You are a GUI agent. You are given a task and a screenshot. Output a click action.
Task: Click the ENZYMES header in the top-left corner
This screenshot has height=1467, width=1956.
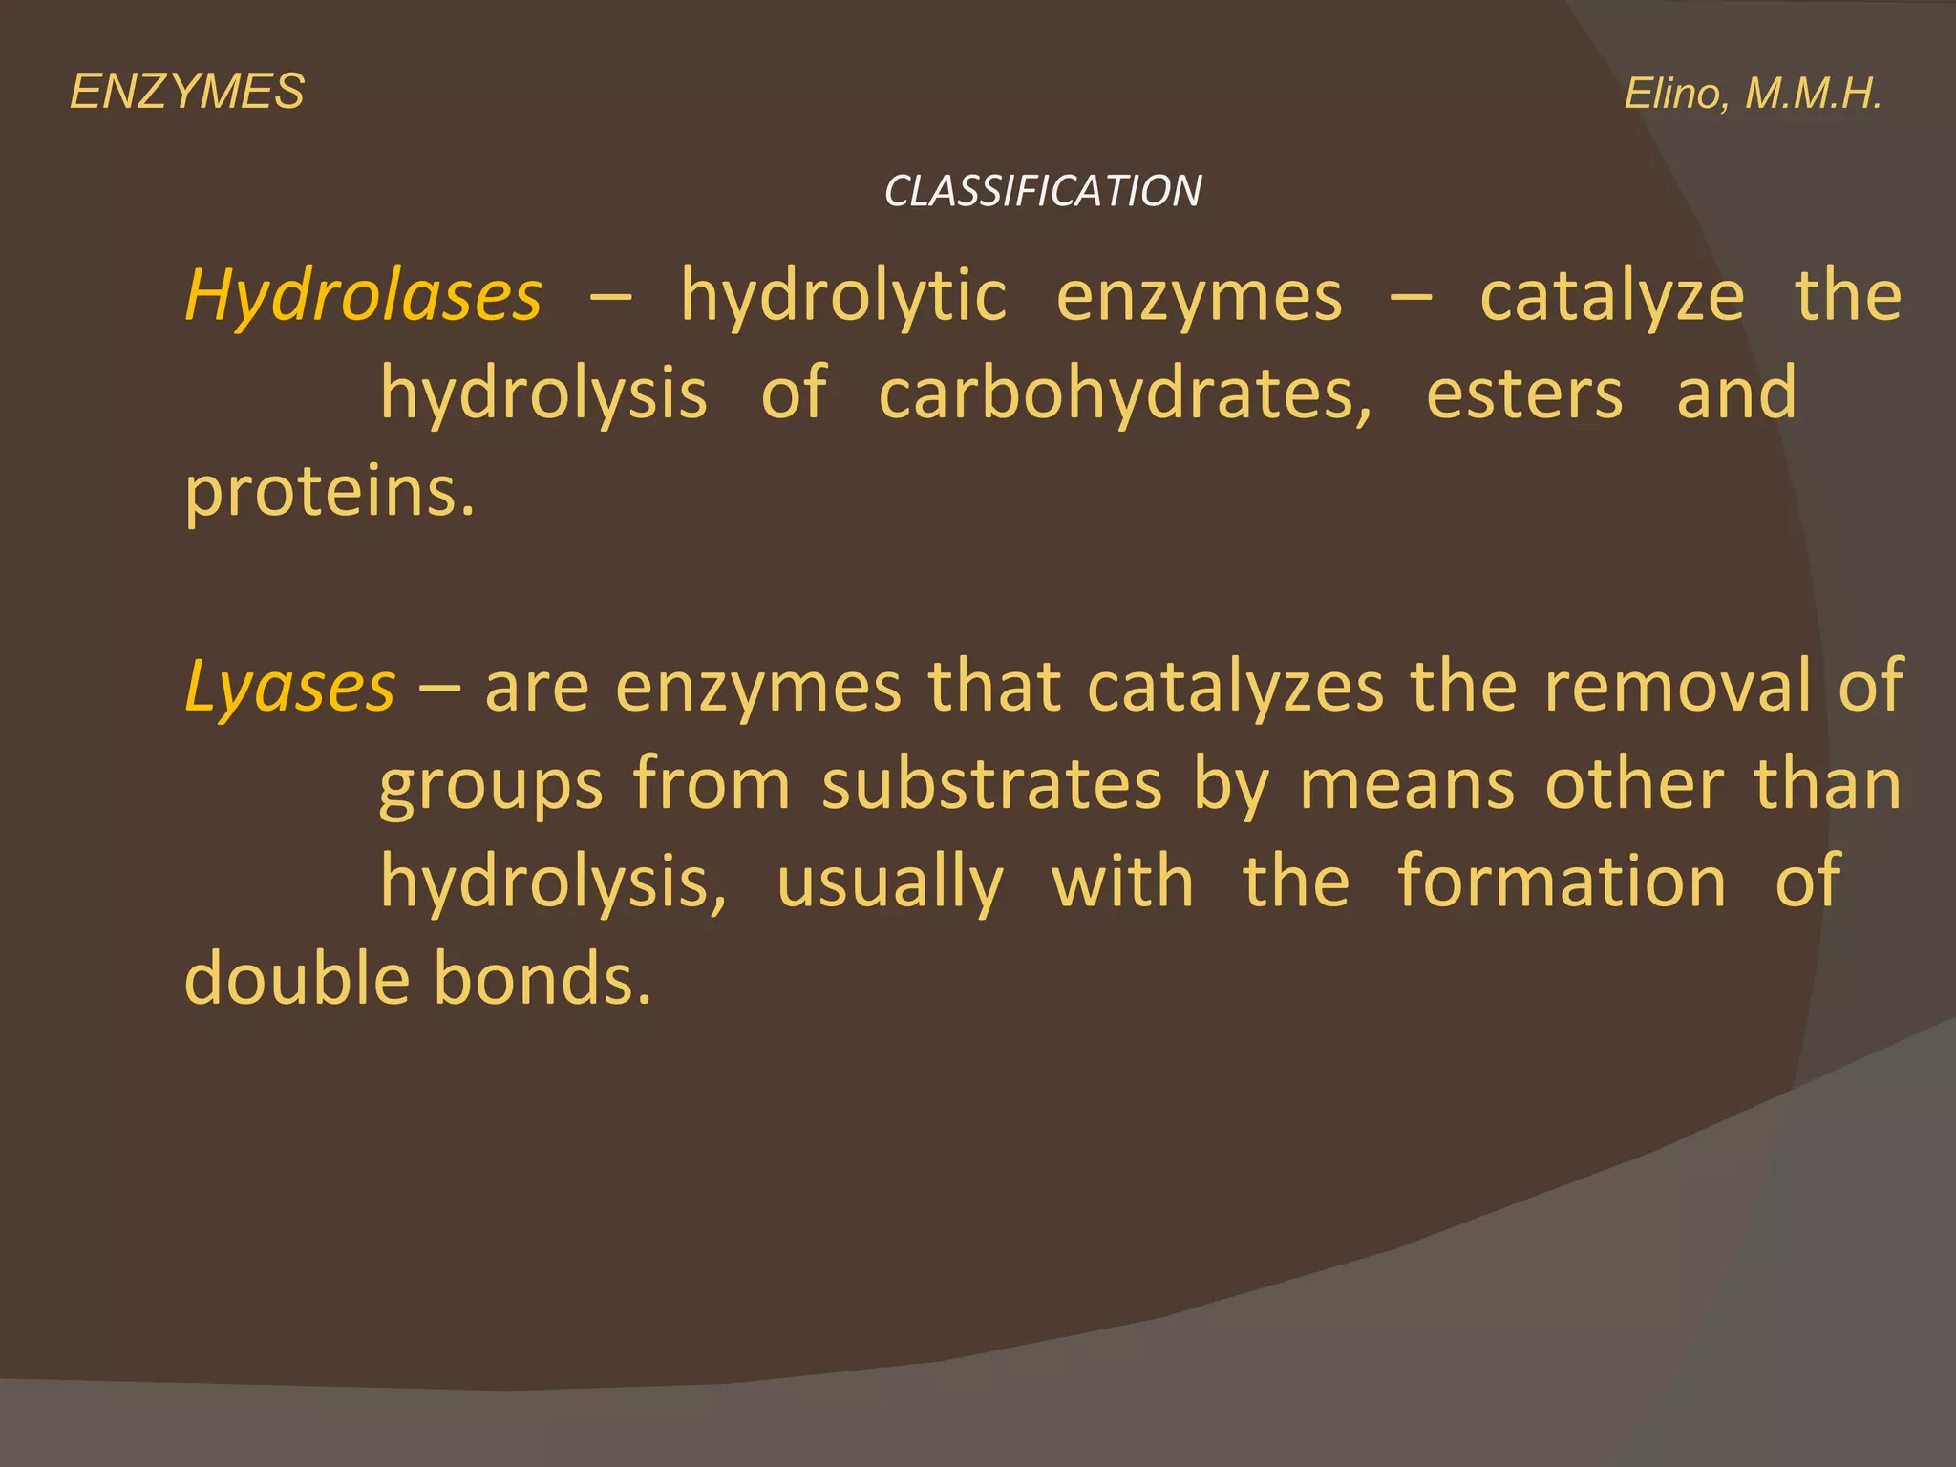click(187, 93)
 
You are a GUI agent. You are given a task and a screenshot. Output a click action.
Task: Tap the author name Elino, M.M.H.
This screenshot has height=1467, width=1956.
click(1753, 94)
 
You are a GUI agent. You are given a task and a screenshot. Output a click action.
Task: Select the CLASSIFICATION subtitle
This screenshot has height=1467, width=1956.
click(1042, 191)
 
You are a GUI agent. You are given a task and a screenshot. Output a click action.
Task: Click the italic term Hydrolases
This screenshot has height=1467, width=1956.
click(364, 295)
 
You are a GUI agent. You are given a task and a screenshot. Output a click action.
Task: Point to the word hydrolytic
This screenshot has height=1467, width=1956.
click(843, 296)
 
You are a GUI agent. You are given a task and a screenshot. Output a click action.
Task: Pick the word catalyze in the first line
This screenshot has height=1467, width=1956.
click(1611, 296)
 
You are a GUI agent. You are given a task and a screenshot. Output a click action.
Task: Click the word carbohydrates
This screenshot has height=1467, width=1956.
click(1125, 393)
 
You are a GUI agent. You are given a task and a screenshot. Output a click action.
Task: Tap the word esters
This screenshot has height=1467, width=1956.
click(1524, 393)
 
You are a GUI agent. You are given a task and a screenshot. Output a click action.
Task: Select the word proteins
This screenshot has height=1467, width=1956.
click(329, 492)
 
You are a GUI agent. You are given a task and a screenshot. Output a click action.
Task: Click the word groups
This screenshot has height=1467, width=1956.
click(491, 785)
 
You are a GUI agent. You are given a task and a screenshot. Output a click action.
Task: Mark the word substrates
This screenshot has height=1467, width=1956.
click(991, 785)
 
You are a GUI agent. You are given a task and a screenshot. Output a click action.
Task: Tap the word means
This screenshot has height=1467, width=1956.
click(1407, 785)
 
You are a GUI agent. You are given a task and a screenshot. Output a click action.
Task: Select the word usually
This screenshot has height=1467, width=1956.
click(890, 882)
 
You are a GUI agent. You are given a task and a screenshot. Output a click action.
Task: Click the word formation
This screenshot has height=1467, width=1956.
click(1562, 882)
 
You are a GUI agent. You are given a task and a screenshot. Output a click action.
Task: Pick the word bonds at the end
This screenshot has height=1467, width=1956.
click(542, 979)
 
